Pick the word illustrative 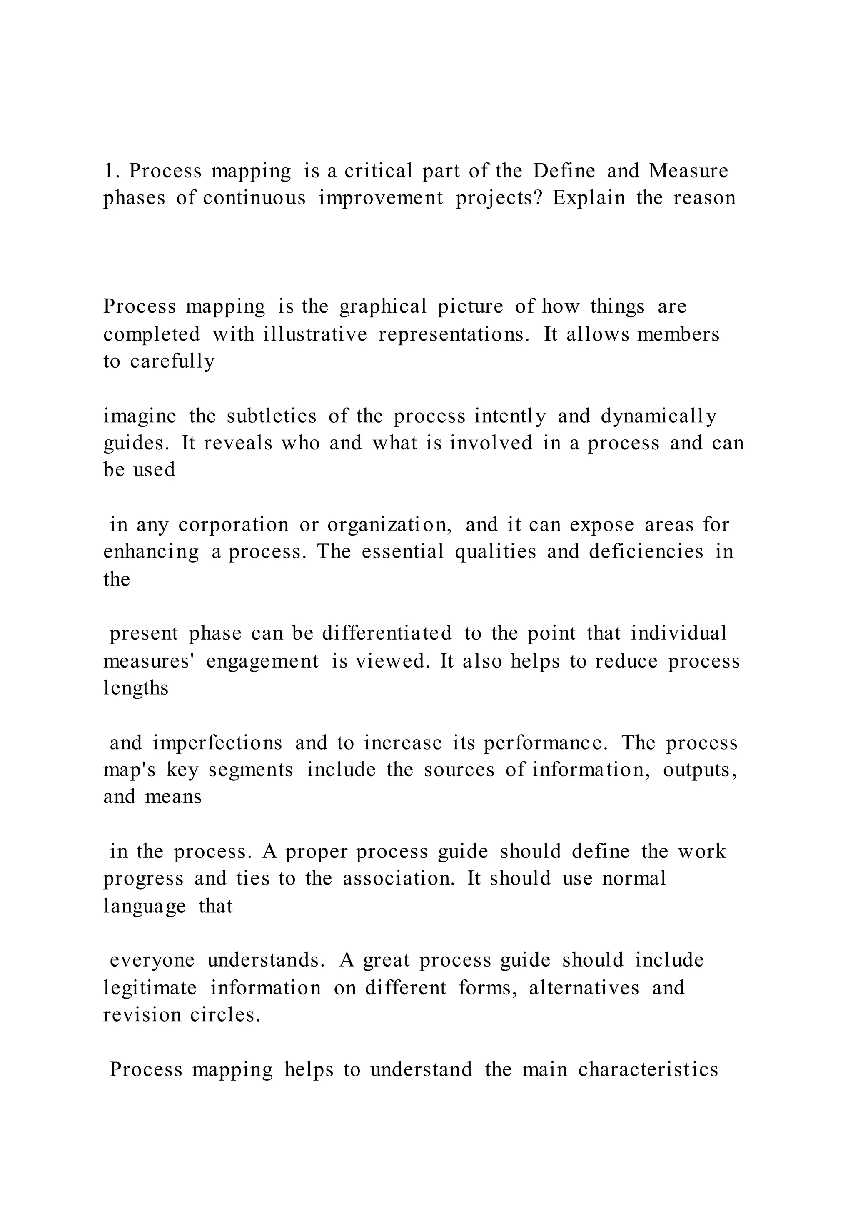tap(315, 334)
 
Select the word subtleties tap(272, 416)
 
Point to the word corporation tap(234, 525)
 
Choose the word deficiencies tap(646, 552)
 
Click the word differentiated tap(387, 633)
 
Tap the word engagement tap(263, 661)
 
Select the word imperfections tap(217, 743)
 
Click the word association tap(399, 879)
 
